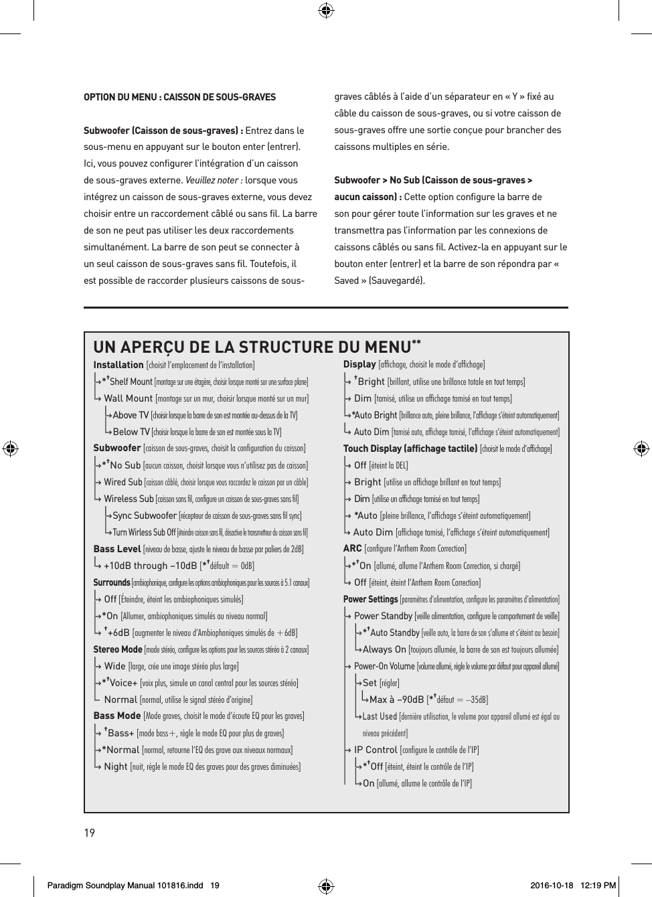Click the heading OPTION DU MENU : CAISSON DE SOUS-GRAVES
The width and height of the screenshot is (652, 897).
click(179, 97)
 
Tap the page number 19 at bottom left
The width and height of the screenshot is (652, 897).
click(89, 833)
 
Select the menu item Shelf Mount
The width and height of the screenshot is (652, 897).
click(131, 382)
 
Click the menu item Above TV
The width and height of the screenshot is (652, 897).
click(131, 415)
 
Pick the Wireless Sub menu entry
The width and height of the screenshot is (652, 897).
click(129, 499)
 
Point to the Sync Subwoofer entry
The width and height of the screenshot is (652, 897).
click(145, 515)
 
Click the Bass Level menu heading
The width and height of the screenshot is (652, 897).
click(117, 549)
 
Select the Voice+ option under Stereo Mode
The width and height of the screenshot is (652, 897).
click(123, 683)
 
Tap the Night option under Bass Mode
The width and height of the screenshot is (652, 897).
click(116, 766)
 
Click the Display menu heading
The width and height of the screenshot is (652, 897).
click(359, 364)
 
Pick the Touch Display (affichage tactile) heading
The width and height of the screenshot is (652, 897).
click(410, 448)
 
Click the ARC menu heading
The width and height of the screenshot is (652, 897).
click(352, 548)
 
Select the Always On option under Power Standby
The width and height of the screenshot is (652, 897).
click(384, 649)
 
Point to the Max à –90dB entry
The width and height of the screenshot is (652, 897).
click(396, 700)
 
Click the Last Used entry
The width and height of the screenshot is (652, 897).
click(380, 716)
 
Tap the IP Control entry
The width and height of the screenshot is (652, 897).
click(376, 750)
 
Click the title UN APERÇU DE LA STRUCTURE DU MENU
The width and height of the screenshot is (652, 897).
click(252, 347)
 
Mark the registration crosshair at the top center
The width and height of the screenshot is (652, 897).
click(326, 10)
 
